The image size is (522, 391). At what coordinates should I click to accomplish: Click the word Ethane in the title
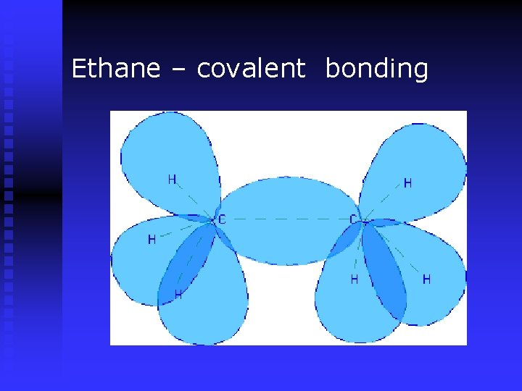click(116, 69)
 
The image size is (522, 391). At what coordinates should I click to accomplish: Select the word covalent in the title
click(251, 69)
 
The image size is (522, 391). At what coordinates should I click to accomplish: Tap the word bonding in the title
click(376, 70)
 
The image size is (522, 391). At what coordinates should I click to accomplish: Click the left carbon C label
click(222, 219)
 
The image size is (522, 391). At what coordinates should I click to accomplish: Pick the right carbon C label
click(353, 219)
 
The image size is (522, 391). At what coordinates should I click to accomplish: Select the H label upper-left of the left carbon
click(172, 179)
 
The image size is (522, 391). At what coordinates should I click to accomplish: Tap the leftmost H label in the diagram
click(152, 239)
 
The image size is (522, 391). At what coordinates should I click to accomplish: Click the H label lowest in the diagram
click(178, 295)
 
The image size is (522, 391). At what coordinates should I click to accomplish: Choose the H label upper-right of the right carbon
click(407, 183)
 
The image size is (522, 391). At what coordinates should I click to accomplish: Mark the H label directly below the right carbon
click(355, 279)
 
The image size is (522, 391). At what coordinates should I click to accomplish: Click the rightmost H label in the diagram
click(426, 279)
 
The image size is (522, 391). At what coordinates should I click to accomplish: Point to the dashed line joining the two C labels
click(286, 219)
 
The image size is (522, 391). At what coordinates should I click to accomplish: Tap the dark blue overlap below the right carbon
click(384, 272)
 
